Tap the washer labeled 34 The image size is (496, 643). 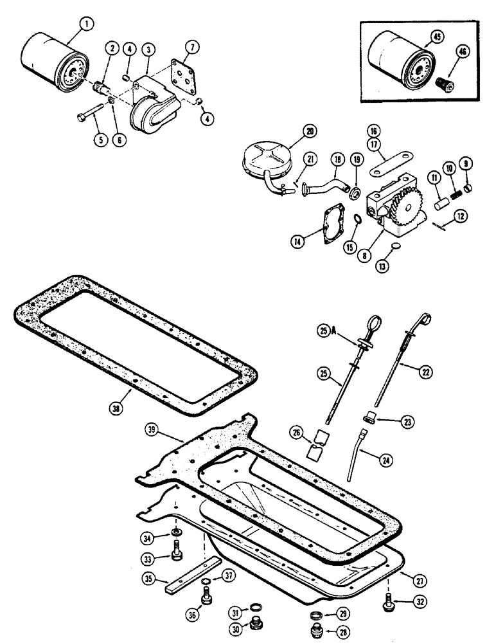175,533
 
